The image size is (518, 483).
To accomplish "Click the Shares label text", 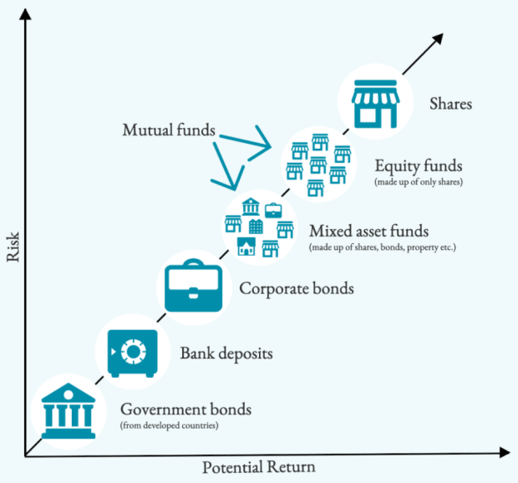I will [450, 104].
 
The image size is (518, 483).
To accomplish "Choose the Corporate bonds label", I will [297, 289].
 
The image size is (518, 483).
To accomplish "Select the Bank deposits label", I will [226, 353].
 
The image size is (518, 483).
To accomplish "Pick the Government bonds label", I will [185, 410].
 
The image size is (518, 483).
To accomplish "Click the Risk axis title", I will [12, 247].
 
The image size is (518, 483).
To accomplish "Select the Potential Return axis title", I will [259, 468].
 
